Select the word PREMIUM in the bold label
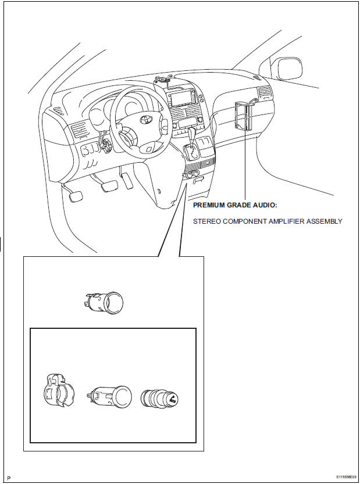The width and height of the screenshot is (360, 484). coord(211,206)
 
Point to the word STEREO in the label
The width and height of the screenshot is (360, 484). coord(207,221)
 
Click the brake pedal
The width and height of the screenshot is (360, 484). coord(108,185)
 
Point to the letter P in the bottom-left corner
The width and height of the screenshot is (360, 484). coord(9,476)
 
